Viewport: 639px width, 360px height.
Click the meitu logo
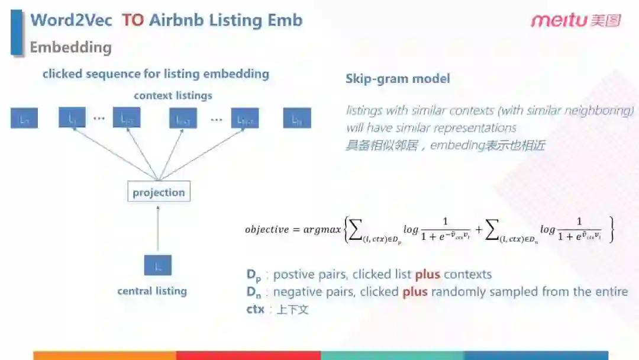pos(575,21)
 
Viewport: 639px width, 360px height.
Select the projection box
pos(159,192)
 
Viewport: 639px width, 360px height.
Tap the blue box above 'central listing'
pos(158,265)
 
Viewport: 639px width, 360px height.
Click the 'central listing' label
pos(152,291)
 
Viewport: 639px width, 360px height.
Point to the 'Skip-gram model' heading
pos(398,79)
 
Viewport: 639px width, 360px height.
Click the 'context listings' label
pos(173,95)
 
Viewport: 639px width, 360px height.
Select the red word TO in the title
pos(133,20)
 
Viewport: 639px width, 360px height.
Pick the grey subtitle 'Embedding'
pos(70,47)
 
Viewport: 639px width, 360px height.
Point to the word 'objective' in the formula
pos(267,229)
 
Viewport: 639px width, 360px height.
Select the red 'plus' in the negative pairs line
pos(415,292)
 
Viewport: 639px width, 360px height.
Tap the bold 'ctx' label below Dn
pos(255,309)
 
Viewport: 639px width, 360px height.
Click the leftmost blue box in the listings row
pos(24,118)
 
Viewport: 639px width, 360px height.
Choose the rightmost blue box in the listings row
pos(297,118)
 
